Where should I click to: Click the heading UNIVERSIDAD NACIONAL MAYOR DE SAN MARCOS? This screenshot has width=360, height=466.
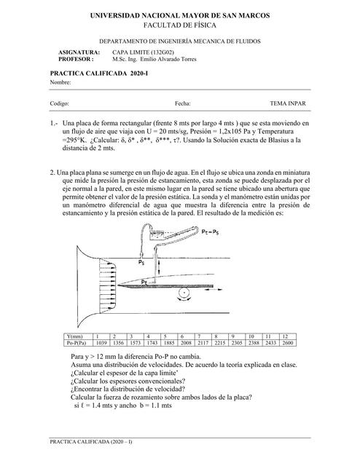[179, 15]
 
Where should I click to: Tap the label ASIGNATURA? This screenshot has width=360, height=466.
[79, 53]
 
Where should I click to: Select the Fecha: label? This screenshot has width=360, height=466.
[183, 104]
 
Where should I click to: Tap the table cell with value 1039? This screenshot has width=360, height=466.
[101, 341]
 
